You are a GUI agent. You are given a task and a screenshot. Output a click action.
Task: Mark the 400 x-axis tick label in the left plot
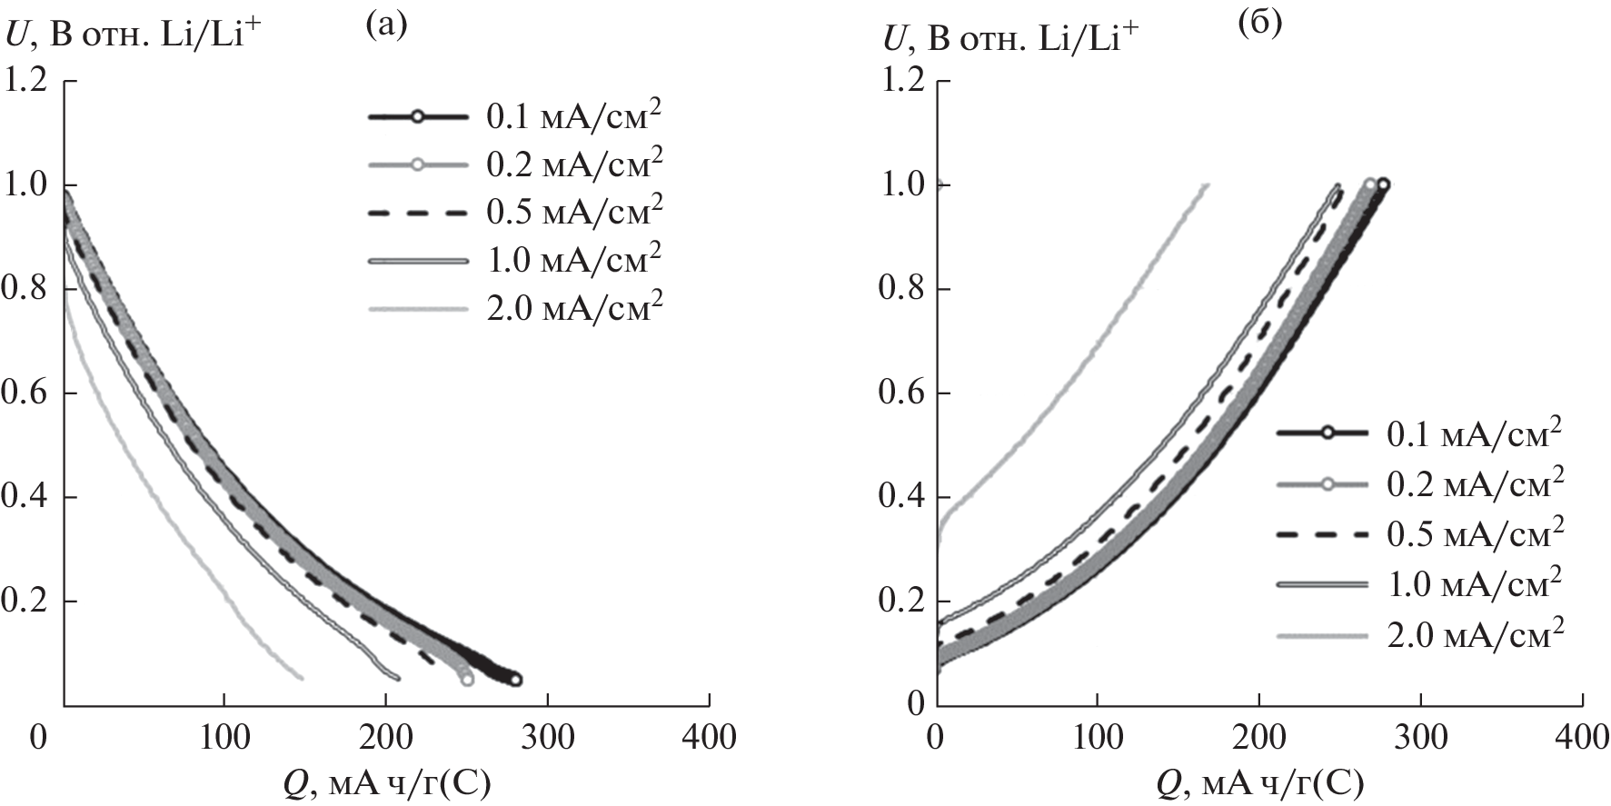(x=709, y=737)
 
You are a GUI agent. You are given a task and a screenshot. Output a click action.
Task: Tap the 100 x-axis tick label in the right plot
(x=1098, y=737)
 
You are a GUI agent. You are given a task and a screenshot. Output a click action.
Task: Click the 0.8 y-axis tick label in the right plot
(x=901, y=289)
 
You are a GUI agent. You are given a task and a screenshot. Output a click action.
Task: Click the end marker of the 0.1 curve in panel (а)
(x=516, y=679)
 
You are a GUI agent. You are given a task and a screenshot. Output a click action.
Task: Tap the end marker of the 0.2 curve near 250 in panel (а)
(x=466, y=678)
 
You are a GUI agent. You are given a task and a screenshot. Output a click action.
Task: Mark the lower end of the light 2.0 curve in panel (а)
(x=301, y=678)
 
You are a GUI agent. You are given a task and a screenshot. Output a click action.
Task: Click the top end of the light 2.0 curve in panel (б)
(x=1207, y=185)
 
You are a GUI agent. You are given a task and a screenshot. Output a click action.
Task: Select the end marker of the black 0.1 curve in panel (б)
(x=1383, y=184)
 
